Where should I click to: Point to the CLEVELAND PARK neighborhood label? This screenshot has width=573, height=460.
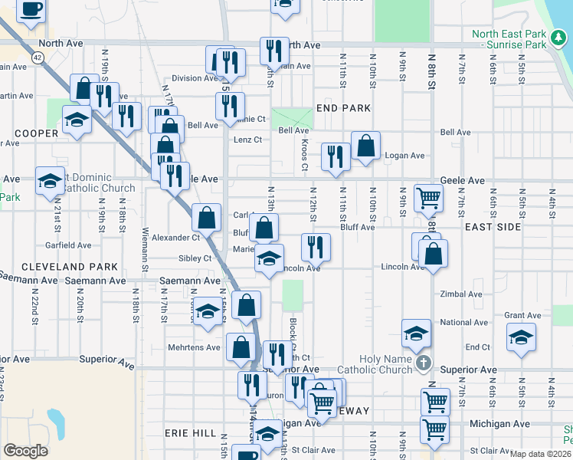70,267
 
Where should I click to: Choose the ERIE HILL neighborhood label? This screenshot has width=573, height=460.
190,433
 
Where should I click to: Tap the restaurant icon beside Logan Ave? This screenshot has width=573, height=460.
336,156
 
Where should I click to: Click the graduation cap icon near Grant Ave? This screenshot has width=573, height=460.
521,337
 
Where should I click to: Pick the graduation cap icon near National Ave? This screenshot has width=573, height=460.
417,333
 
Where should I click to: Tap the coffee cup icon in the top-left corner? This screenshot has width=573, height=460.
31,10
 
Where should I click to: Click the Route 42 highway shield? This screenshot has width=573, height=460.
38,57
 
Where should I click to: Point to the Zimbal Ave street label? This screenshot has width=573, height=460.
462,294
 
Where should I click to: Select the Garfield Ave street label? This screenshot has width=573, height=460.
68,246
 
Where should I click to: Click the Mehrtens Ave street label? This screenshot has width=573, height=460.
194,347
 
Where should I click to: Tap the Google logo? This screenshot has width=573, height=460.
25,451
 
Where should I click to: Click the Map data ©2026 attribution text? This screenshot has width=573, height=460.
540,454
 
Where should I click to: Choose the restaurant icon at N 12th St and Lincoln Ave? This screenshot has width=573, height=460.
315,247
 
